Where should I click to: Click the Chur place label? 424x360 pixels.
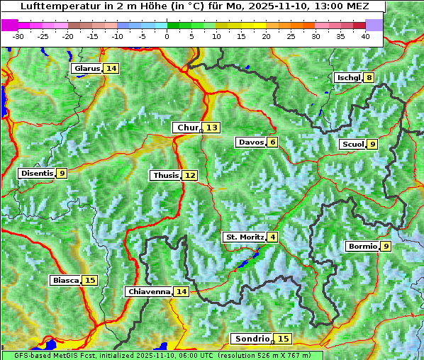tap(187, 128)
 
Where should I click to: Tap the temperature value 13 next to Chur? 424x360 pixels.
tap(213, 128)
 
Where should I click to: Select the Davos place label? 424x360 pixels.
tap(250, 142)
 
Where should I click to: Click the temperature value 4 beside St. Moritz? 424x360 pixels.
tap(272, 237)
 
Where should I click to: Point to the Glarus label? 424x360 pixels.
tap(87, 69)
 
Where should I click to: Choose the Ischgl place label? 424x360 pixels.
tap(348, 78)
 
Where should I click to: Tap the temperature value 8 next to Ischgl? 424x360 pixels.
tap(369, 78)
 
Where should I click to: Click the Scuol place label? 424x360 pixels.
tap(352, 145)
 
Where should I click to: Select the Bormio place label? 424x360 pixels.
tap(362, 247)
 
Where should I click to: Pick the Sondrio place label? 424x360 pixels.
tap(252, 339)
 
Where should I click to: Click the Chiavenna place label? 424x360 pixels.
tap(149, 291)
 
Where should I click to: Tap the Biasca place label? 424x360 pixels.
tap(66, 281)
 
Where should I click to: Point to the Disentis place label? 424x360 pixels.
tap(37, 173)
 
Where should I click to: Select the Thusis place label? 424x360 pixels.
tap(166, 175)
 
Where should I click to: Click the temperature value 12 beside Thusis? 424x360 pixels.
tap(190, 175)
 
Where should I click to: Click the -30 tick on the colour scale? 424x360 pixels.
tap(18, 36)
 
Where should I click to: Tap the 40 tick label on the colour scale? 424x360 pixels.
tap(365, 36)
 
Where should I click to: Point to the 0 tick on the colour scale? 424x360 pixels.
tap(167, 36)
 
